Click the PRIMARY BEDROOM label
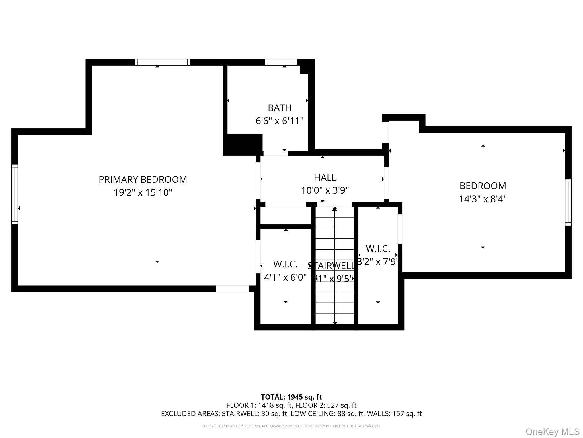(143, 180)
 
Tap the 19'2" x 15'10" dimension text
(143, 193)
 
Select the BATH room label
(280, 108)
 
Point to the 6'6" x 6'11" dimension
(280, 121)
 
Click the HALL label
(325, 177)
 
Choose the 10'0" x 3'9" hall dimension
(325, 190)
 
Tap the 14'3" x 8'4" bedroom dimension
(483, 199)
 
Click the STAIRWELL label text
(332, 266)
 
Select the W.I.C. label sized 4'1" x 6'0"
(285, 264)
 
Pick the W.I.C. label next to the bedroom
(378, 249)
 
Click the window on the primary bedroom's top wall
(163, 62)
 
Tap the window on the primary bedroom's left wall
(15, 194)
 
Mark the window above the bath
(281, 62)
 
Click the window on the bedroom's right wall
(568, 202)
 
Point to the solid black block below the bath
(243, 145)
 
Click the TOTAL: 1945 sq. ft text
(291, 397)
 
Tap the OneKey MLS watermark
(552, 431)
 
